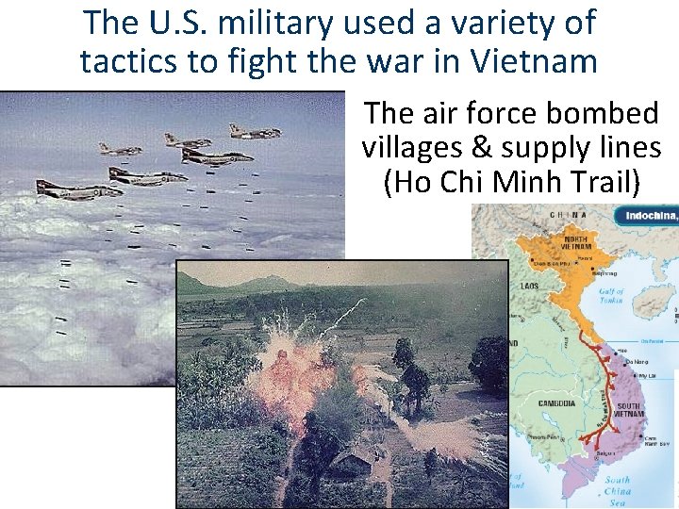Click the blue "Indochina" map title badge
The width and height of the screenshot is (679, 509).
click(x=649, y=216)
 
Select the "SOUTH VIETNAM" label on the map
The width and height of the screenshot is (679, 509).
click(x=630, y=410)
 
